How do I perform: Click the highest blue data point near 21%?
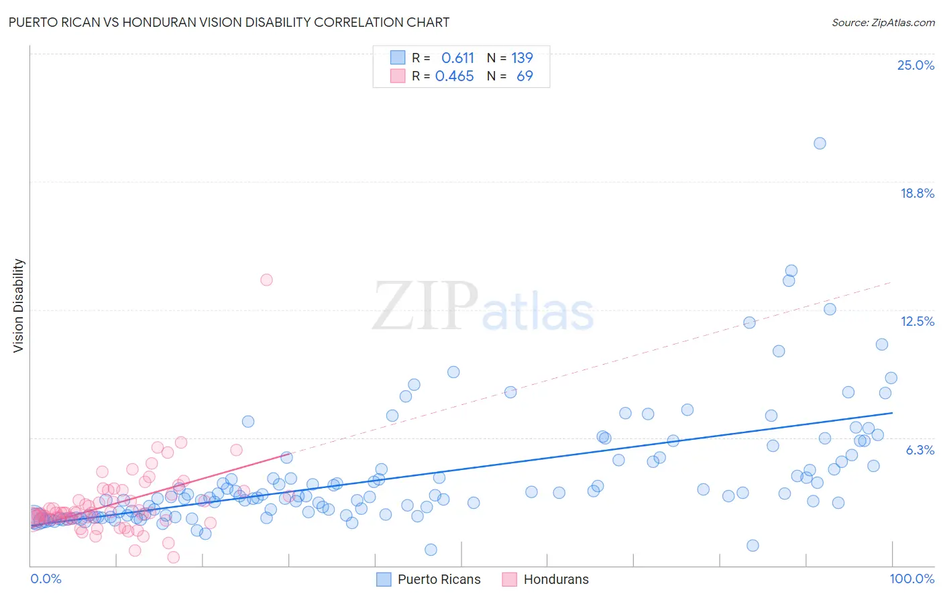(820, 143)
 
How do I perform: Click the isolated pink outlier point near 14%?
(266, 280)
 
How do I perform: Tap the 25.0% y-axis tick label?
(916, 65)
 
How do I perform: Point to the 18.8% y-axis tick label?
(917, 193)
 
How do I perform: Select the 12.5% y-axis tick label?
(917, 321)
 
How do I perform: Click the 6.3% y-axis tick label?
(920, 450)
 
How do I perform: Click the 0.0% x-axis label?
(46, 579)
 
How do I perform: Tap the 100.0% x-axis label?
(911, 579)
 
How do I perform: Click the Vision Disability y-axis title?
(19, 305)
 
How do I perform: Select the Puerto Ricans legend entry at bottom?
(439, 579)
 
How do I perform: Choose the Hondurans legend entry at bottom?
(556, 579)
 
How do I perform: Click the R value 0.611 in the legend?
(457, 58)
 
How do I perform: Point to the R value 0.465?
(454, 76)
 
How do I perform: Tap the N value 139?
(522, 58)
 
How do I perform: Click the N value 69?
(524, 76)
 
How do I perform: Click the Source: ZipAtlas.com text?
(883, 22)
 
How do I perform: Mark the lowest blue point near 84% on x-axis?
(753, 546)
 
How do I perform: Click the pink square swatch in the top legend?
(398, 76)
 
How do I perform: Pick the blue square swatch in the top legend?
(398, 58)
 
